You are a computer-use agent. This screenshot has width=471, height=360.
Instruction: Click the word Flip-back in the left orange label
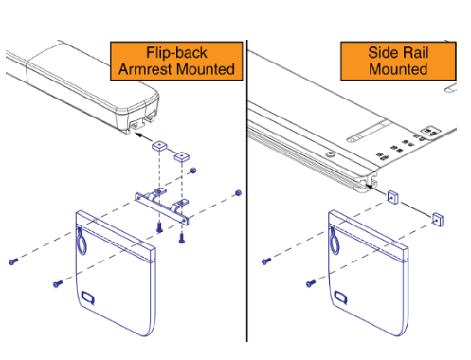(x=176, y=53)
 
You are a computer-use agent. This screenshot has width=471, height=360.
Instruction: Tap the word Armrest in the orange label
(x=143, y=69)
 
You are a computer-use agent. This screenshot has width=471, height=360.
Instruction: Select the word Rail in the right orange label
(x=415, y=52)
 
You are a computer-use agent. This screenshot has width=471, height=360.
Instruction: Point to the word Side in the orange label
(x=383, y=52)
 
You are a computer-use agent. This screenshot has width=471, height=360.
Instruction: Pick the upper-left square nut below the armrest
(x=159, y=146)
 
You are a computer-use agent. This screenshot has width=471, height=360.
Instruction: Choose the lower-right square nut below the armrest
(x=182, y=156)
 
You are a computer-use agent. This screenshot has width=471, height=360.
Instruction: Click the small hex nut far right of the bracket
(x=238, y=193)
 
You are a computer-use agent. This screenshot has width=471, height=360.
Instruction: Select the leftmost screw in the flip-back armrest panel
(x=13, y=261)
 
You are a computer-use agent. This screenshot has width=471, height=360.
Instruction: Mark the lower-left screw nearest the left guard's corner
(x=58, y=284)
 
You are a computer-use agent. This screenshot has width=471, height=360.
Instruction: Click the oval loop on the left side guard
(x=82, y=241)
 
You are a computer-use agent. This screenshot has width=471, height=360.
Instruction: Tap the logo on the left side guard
(x=88, y=297)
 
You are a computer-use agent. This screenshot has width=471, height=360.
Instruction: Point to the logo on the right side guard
(x=341, y=297)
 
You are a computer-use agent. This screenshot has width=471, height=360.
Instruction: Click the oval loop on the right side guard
(x=334, y=241)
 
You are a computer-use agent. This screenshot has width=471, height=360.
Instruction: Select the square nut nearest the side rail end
(x=392, y=197)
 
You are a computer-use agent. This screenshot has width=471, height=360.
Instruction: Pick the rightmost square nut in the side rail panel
(x=438, y=220)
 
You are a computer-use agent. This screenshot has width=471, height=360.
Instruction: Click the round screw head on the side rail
(x=331, y=154)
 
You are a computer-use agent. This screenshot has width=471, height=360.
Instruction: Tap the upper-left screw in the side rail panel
(x=266, y=261)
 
